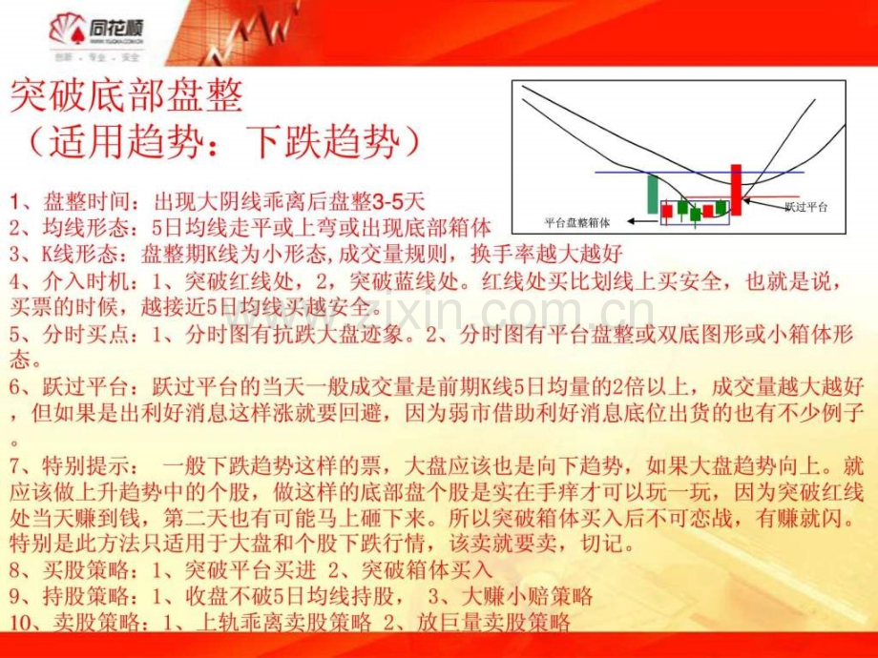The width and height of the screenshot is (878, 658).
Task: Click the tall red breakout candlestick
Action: pyautogui.click(x=736, y=189)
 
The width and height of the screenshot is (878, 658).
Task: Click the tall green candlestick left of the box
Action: pyautogui.click(x=653, y=194)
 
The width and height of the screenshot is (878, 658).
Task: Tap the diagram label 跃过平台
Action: pyautogui.click(x=805, y=206)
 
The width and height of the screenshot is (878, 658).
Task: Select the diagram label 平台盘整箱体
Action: pyautogui.click(x=576, y=221)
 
